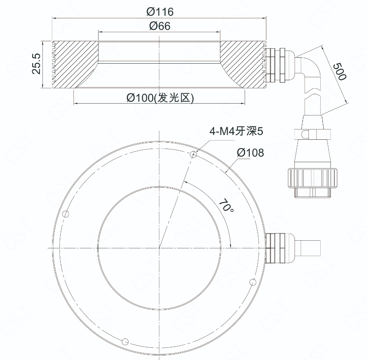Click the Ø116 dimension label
[160, 12]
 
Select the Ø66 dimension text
[160, 26]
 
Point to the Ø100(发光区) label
[160, 98]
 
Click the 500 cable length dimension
[340, 71]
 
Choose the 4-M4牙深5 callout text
[237, 131]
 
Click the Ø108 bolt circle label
[250, 152]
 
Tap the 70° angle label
[226, 205]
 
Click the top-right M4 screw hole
[193, 154]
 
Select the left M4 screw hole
[66, 214]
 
